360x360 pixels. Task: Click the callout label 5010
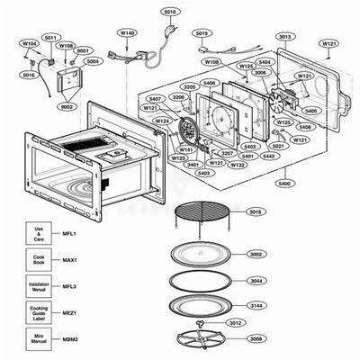(169, 12)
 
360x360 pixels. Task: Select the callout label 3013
(284, 37)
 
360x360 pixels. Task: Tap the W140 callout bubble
(127, 32)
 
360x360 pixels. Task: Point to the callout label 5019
(202, 33)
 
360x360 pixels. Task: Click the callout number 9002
(67, 106)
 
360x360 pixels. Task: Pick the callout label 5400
(284, 183)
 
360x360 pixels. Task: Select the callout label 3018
(256, 212)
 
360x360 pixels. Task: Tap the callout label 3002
(256, 255)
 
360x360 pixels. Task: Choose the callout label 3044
(256, 281)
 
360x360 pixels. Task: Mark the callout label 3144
(256, 306)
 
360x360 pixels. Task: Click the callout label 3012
(235, 323)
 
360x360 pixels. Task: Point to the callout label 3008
(256, 339)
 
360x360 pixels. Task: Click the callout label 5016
(29, 75)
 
